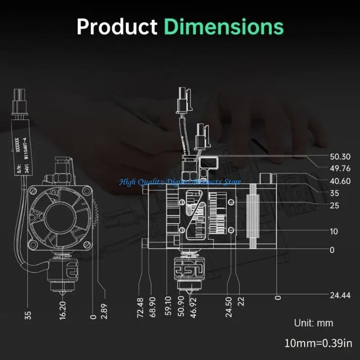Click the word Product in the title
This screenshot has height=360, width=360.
click(117, 27)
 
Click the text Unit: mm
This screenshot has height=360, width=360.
click(314, 323)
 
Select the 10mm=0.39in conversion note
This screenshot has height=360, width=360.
click(319, 344)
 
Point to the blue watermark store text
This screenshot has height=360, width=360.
click(180, 182)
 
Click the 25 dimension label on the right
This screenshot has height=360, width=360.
click(334, 206)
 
